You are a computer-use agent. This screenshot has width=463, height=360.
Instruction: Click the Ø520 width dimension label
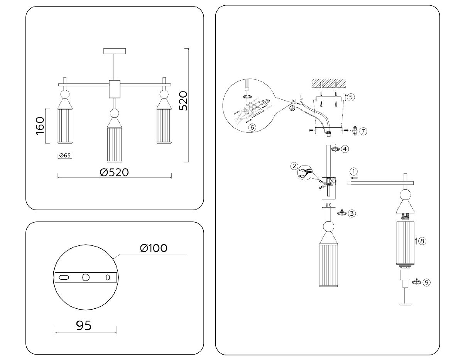114,172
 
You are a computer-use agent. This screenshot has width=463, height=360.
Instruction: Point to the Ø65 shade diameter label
65,155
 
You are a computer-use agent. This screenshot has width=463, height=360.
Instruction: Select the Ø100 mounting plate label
154,248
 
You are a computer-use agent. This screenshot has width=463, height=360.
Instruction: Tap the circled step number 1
354,171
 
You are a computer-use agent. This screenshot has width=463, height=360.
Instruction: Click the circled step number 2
294,166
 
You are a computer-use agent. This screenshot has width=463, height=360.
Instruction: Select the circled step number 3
351,213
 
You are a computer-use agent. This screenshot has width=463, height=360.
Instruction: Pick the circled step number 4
345,149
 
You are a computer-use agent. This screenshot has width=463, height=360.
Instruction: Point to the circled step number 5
350,97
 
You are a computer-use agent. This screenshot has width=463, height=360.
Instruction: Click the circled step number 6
252,127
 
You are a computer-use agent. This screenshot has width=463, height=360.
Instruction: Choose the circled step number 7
363,131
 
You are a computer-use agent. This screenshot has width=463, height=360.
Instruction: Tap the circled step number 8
422,241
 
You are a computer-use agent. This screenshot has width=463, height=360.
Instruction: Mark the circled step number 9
426,282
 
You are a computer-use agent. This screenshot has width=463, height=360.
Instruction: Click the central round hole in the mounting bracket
86,277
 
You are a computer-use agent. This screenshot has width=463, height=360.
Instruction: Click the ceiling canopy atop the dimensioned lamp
115,51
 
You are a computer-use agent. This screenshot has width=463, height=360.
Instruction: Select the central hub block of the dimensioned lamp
115,89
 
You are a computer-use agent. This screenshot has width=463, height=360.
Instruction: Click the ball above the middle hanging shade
114,113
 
